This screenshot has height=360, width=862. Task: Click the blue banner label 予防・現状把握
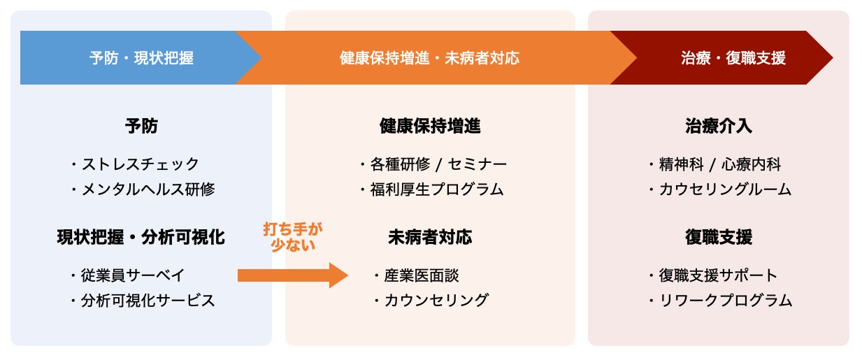pyautogui.click(x=141, y=58)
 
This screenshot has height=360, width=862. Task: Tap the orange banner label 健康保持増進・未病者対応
pyautogui.click(x=429, y=58)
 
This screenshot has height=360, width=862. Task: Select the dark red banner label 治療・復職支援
pyautogui.click(x=733, y=58)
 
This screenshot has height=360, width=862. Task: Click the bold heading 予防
pyautogui.click(x=141, y=127)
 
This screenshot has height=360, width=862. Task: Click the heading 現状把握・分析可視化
pyautogui.click(x=141, y=238)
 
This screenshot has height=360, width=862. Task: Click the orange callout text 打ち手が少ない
pyautogui.click(x=294, y=237)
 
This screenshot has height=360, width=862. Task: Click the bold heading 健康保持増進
pyautogui.click(x=430, y=127)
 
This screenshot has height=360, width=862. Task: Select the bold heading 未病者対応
pyautogui.click(x=430, y=238)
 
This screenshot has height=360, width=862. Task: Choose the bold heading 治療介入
pyautogui.click(x=719, y=127)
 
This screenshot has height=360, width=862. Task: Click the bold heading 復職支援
pyautogui.click(x=719, y=238)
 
